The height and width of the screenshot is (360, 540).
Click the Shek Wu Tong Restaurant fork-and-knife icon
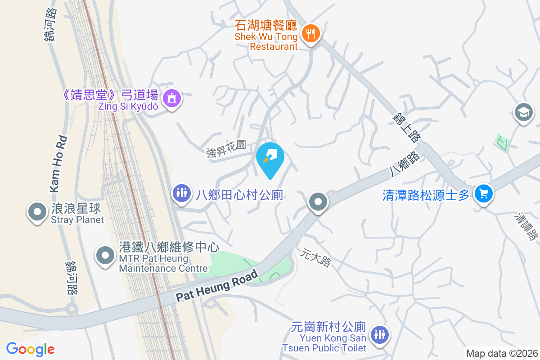click(310, 33)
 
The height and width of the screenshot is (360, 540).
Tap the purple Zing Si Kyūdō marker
click(171, 97)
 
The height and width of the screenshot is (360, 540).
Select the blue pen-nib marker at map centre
click(270, 156)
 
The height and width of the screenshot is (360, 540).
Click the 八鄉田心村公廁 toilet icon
click(182, 193)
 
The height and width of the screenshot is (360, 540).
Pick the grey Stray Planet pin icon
click(37, 210)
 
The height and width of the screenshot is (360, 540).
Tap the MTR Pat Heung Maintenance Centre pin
click(105, 255)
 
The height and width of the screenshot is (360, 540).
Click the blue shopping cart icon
click(484, 194)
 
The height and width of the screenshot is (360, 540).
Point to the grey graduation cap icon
click(524, 112)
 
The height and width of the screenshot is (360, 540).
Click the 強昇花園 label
click(226, 148)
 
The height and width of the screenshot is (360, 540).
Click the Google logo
click(30, 349)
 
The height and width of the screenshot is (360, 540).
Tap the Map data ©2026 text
click(501, 354)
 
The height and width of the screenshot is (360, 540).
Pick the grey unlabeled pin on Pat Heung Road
click(318, 202)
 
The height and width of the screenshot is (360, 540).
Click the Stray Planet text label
click(77, 220)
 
